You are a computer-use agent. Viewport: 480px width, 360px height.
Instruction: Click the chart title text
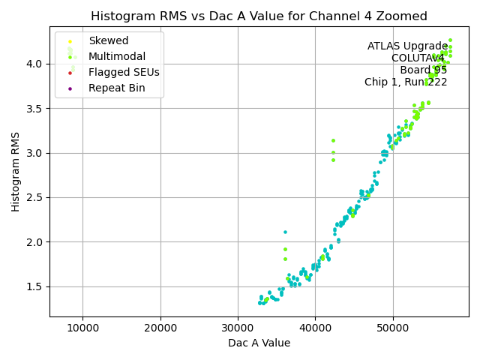tap(259, 16)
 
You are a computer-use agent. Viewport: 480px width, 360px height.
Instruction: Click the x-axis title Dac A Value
tap(259, 343)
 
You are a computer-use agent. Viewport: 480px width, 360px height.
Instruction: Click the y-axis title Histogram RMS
tap(16, 172)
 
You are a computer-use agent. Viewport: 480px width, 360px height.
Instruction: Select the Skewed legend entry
tap(108, 41)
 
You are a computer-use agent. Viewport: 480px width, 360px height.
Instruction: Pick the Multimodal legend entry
tap(117, 57)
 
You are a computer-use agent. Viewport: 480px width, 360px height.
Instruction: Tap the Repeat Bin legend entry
tap(116, 88)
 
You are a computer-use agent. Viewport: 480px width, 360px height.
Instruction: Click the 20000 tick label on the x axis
tap(160, 328)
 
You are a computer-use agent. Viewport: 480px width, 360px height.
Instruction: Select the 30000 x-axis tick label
tap(238, 328)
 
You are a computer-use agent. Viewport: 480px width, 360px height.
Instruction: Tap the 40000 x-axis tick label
tap(315, 328)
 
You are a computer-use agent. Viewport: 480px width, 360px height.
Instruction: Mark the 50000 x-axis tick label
tap(392, 328)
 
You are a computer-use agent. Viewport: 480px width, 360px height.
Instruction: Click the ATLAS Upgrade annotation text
tap(407, 46)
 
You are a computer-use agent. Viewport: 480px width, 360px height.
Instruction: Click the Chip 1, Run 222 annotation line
tap(406, 82)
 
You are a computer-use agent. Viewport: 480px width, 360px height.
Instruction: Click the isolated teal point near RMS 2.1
tap(285, 232)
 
